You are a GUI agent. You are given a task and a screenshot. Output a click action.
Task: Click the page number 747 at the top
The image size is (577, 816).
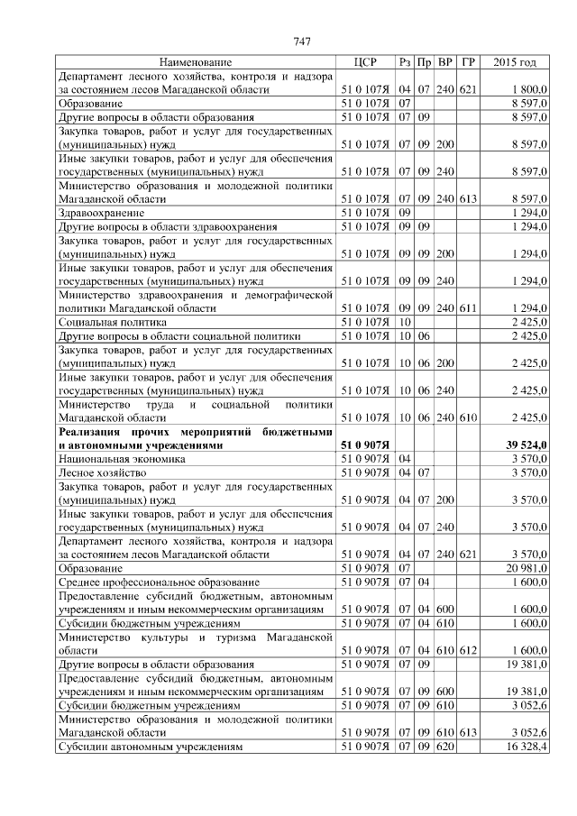pyautogui.click(x=302, y=41)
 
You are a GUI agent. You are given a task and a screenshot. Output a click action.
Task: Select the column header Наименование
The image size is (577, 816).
pyautogui.click(x=195, y=62)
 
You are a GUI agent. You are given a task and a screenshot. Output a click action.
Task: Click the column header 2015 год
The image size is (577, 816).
pyautogui.click(x=516, y=62)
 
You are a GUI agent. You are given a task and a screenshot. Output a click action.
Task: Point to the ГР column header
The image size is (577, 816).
pyautogui.click(x=467, y=62)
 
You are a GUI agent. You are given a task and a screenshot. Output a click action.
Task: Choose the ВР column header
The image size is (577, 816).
pyautogui.click(x=445, y=62)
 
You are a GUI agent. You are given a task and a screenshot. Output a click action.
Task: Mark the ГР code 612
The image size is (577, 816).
pyautogui.click(x=467, y=650)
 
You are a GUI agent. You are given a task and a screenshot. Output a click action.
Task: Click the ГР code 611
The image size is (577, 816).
pyautogui.click(x=467, y=308)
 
